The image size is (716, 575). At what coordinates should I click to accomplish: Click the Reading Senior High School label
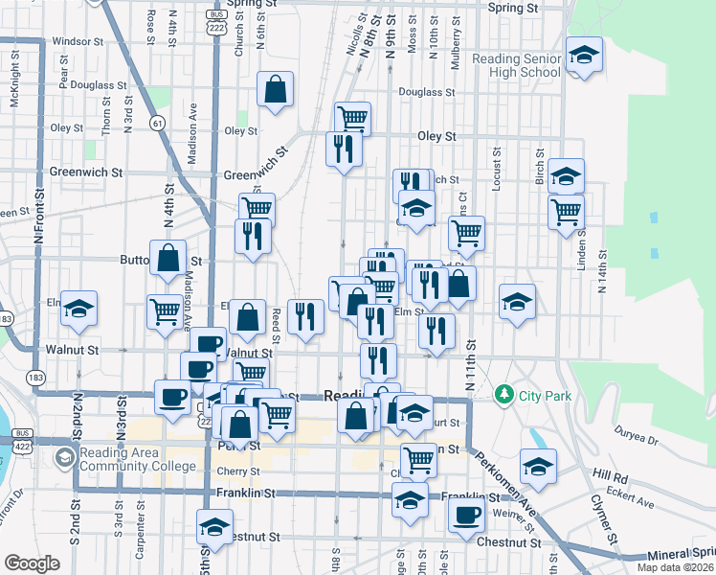(516, 65)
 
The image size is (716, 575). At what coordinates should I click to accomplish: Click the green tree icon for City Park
(504, 394)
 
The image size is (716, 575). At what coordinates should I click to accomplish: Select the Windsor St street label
(78, 41)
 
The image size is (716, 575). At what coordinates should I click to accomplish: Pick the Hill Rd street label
(610, 474)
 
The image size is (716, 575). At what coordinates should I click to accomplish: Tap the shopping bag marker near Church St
(276, 90)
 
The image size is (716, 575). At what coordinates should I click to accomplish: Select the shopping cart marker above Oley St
(353, 119)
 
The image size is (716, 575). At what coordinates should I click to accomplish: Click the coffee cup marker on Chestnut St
(466, 515)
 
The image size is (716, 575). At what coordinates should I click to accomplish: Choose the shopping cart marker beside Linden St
(567, 210)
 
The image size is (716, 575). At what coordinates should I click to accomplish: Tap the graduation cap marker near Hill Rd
(539, 467)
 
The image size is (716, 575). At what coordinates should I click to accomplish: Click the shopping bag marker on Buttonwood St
(168, 258)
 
